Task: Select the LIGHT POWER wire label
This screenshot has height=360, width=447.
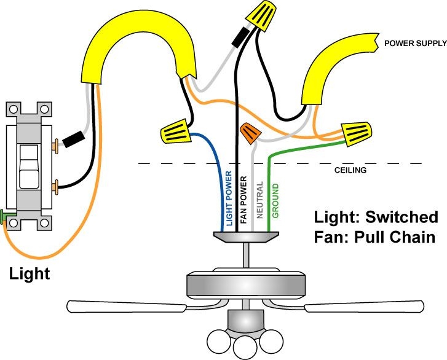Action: [229, 197]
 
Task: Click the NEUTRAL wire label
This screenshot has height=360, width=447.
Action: [259, 200]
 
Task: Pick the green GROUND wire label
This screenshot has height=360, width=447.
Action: [275, 200]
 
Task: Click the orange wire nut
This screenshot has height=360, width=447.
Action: [250, 133]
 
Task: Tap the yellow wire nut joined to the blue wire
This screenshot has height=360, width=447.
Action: [175, 130]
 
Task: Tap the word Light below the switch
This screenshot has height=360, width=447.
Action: [29, 273]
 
